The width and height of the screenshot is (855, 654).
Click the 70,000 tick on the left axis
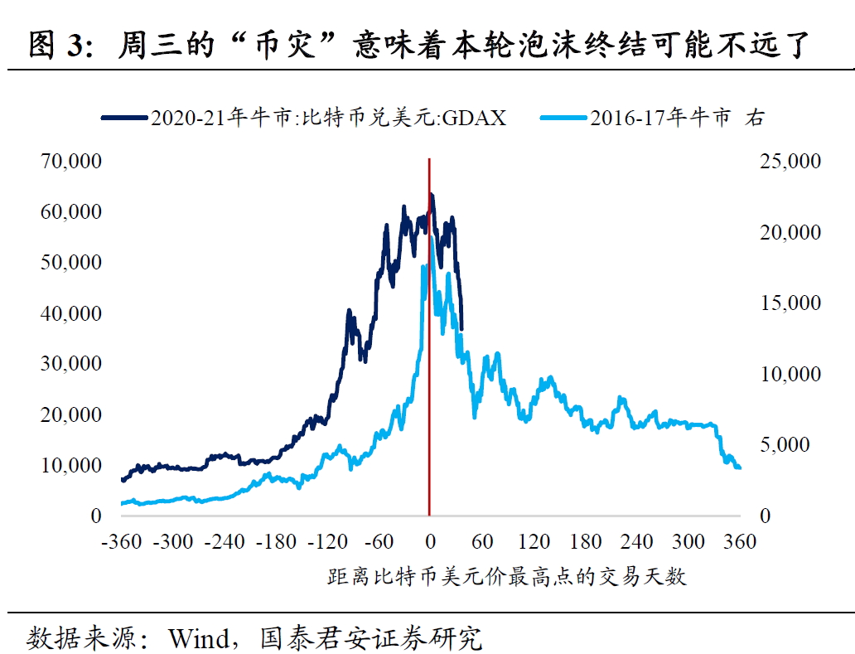coord(70,161)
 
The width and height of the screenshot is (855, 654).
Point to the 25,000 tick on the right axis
coord(790,161)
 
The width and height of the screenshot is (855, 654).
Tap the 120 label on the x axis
coord(534,543)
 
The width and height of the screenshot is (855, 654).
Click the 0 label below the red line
coord(429,543)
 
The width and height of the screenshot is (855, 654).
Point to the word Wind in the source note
coord(198,638)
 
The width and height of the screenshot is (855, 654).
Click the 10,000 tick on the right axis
coord(790,374)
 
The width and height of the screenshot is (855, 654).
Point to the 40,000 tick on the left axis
coord(70,313)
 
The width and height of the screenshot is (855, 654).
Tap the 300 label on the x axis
coord(688,543)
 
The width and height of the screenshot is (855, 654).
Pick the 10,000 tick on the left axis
coord(70,465)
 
